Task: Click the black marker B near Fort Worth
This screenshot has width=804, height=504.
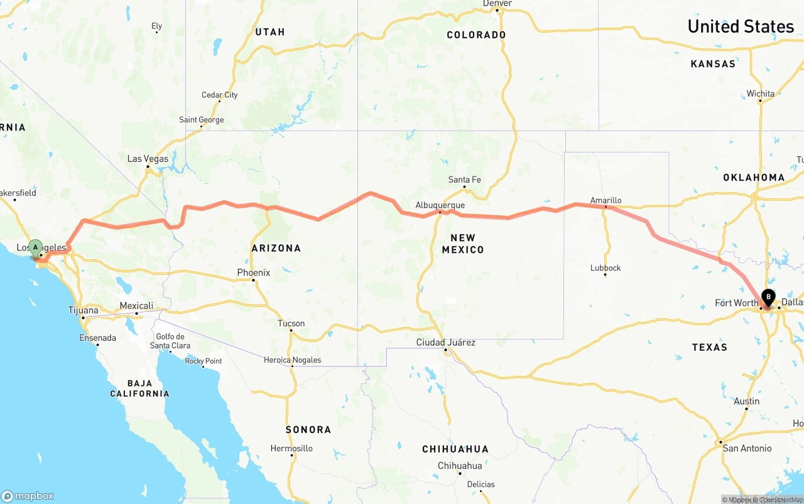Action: point(768,297)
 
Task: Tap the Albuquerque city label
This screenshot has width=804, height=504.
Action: point(440,205)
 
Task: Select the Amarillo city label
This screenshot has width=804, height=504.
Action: point(606,200)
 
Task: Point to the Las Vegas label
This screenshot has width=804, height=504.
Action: point(148,159)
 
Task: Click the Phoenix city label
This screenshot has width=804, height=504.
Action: point(253,272)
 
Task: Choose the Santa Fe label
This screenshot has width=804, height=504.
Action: point(464,180)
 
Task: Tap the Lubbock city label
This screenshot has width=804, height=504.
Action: point(606,268)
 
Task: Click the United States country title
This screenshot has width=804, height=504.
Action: point(741,26)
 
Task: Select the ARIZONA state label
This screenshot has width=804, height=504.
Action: point(276,248)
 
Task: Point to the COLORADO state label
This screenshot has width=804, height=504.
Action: point(476,35)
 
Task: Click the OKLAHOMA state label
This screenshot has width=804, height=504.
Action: point(754,178)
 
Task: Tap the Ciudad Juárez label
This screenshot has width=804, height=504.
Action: point(445,343)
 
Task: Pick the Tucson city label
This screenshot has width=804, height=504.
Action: point(291,324)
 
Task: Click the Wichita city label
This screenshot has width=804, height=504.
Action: point(760,94)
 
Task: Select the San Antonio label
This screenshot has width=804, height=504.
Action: point(747,448)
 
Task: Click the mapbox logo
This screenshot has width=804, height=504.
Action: point(28,496)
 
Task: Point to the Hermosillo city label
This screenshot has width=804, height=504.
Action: point(291,449)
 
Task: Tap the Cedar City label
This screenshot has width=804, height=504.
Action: point(219,95)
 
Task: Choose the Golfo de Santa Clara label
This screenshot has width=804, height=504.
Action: point(170,341)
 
